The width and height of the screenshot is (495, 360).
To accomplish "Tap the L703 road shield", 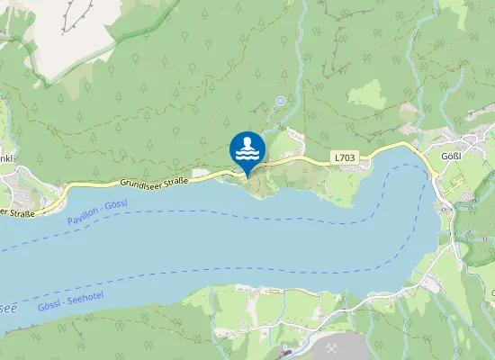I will pyautogui.click(x=345, y=157).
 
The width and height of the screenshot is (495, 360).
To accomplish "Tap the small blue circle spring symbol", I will pyautogui.click(x=281, y=101).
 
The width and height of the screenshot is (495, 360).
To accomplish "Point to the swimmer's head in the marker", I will pyautogui.click(x=247, y=140).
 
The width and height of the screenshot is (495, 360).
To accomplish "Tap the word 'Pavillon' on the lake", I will pyautogui.click(x=81, y=216).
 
